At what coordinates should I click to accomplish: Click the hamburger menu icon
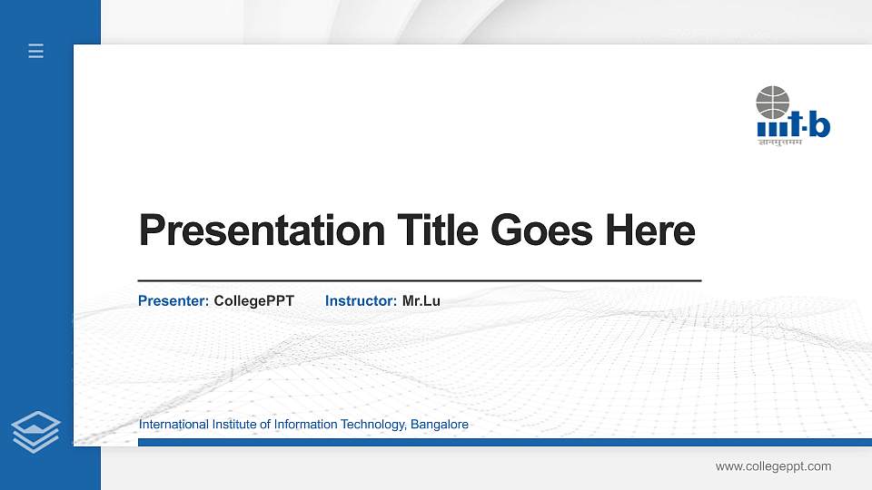pyautogui.click(x=36, y=52)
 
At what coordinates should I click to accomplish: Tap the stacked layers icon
pyautogui.click(x=36, y=430)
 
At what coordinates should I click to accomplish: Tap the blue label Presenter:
pyautogui.click(x=173, y=300)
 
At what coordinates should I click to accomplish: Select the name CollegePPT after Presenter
pyautogui.click(x=254, y=300)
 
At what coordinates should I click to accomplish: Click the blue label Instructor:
pyautogui.click(x=361, y=300)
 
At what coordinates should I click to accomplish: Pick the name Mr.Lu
pyautogui.click(x=421, y=300)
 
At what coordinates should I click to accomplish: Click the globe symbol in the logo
pyautogui.click(x=773, y=102)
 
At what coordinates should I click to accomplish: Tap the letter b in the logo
pyautogui.click(x=819, y=126)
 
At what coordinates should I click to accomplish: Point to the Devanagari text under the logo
pyautogui.click(x=781, y=142)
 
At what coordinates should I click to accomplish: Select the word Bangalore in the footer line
pyautogui.click(x=440, y=425)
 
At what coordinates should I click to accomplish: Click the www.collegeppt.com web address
pyautogui.click(x=773, y=466)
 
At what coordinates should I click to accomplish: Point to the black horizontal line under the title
pyautogui.click(x=419, y=281)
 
